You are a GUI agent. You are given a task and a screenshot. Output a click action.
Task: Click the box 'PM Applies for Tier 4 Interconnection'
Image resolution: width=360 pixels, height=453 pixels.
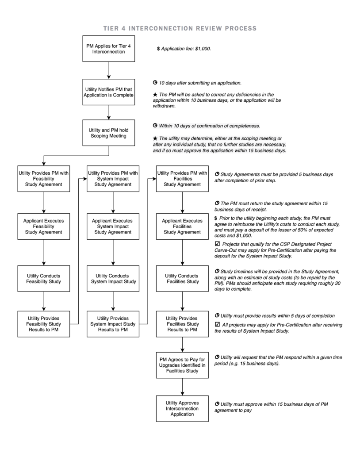[109, 49]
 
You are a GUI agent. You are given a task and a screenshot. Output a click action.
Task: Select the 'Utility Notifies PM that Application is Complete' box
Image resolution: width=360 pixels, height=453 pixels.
[109, 92]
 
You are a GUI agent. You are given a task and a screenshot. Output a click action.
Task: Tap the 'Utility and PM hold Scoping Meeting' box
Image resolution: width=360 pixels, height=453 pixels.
[109, 133]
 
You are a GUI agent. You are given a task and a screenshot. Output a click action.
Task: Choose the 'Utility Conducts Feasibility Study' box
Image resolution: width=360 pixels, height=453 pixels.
[44, 279]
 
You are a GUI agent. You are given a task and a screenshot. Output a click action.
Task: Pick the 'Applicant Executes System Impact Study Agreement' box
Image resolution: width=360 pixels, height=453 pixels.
[113, 226]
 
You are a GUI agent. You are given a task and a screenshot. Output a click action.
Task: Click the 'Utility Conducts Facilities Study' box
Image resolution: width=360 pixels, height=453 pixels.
[182, 279]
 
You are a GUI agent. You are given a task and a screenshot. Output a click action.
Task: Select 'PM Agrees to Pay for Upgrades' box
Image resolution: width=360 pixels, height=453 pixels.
[182, 365]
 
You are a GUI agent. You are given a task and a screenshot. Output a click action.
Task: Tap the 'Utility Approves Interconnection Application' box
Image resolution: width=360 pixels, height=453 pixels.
[182, 408]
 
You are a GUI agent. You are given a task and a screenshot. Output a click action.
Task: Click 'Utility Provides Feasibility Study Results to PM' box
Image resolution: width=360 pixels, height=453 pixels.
[44, 324]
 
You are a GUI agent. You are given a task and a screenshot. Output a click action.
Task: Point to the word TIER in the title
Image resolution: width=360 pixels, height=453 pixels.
[111, 28]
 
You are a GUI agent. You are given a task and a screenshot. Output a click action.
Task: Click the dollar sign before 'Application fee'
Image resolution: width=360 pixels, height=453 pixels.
[158, 49]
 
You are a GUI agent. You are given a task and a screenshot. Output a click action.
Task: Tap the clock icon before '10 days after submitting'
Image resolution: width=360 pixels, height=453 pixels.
[155, 83]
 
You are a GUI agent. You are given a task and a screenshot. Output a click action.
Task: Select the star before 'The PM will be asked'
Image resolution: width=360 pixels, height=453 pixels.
[155, 94]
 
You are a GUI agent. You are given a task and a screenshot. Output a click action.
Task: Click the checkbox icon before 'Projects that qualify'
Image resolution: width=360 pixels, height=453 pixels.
[218, 244]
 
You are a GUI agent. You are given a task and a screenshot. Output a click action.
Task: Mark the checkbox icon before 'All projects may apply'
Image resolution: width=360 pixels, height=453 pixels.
[218, 324]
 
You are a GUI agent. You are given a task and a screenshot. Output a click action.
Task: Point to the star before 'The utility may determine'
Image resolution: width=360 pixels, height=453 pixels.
[155, 138]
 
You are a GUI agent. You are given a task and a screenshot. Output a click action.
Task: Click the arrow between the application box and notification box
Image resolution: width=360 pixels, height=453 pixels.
[109, 70]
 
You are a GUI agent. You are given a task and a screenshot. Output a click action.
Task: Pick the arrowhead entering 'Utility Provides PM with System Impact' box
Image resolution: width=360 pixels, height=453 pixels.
[85, 179]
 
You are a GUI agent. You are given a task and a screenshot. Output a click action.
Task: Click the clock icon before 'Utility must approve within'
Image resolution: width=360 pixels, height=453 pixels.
[217, 404]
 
